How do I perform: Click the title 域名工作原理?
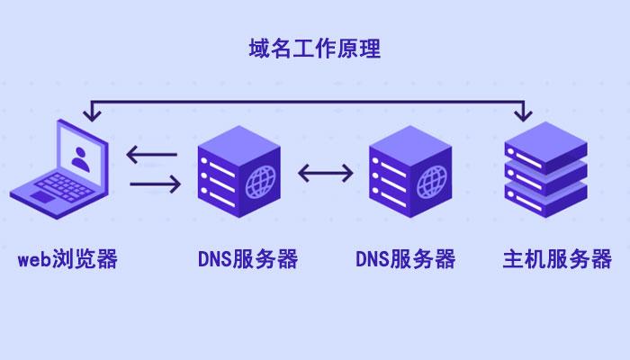[x=315, y=49]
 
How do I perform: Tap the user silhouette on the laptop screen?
[x=81, y=159]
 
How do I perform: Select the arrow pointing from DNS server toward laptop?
[x=151, y=154]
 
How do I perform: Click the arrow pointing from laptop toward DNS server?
[x=155, y=184]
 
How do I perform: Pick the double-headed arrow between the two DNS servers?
[x=326, y=173]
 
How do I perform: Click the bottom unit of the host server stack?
[x=546, y=200]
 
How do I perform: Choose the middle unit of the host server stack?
[x=546, y=176]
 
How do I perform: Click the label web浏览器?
[x=67, y=259]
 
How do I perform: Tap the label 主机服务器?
[x=557, y=259]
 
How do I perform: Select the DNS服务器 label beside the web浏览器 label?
[x=247, y=259]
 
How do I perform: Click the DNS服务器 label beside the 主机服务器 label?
[x=405, y=259]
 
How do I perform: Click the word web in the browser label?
[x=34, y=259]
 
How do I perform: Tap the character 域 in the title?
[x=259, y=49]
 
